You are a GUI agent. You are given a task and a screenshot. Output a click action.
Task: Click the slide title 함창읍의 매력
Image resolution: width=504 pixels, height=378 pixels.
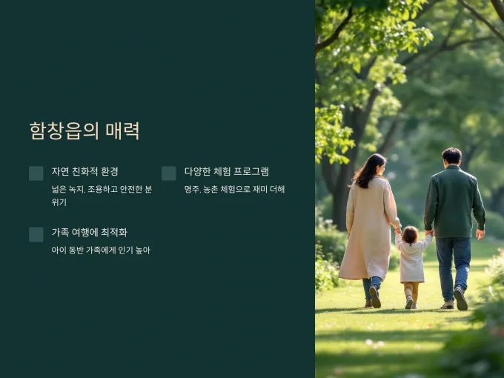[x=84, y=130]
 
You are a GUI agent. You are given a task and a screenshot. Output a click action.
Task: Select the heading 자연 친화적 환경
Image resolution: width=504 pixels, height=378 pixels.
[x=84, y=171]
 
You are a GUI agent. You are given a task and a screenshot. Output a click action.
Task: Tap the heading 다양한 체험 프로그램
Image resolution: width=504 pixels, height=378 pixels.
[x=227, y=171]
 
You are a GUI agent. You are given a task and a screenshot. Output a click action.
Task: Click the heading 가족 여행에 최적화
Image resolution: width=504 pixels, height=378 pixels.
[x=90, y=232]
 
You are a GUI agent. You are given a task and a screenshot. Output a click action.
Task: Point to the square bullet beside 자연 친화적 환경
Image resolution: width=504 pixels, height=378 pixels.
[x=36, y=173]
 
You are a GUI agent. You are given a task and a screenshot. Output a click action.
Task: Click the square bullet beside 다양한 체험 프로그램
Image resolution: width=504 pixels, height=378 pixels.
[x=169, y=173]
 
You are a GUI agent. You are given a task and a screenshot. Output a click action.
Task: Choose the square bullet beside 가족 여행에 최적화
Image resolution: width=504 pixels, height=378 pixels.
[x=36, y=234]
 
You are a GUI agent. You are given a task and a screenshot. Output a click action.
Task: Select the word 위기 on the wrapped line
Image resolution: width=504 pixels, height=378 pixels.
[x=59, y=202]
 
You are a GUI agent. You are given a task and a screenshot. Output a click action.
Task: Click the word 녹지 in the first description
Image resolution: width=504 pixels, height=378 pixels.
[x=76, y=189]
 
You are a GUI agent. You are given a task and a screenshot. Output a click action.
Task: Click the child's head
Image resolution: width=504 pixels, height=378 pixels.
[x=410, y=235]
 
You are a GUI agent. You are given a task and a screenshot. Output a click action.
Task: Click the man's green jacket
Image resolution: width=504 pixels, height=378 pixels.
[x=454, y=202]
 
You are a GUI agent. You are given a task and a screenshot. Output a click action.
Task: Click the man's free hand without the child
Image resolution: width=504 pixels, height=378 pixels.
[x=480, y=234]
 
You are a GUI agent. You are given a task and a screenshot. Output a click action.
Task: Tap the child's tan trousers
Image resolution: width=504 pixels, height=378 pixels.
[x=411, y=291]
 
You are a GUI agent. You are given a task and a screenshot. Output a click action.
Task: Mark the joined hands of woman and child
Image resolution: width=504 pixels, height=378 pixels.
[x=398, y=231]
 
